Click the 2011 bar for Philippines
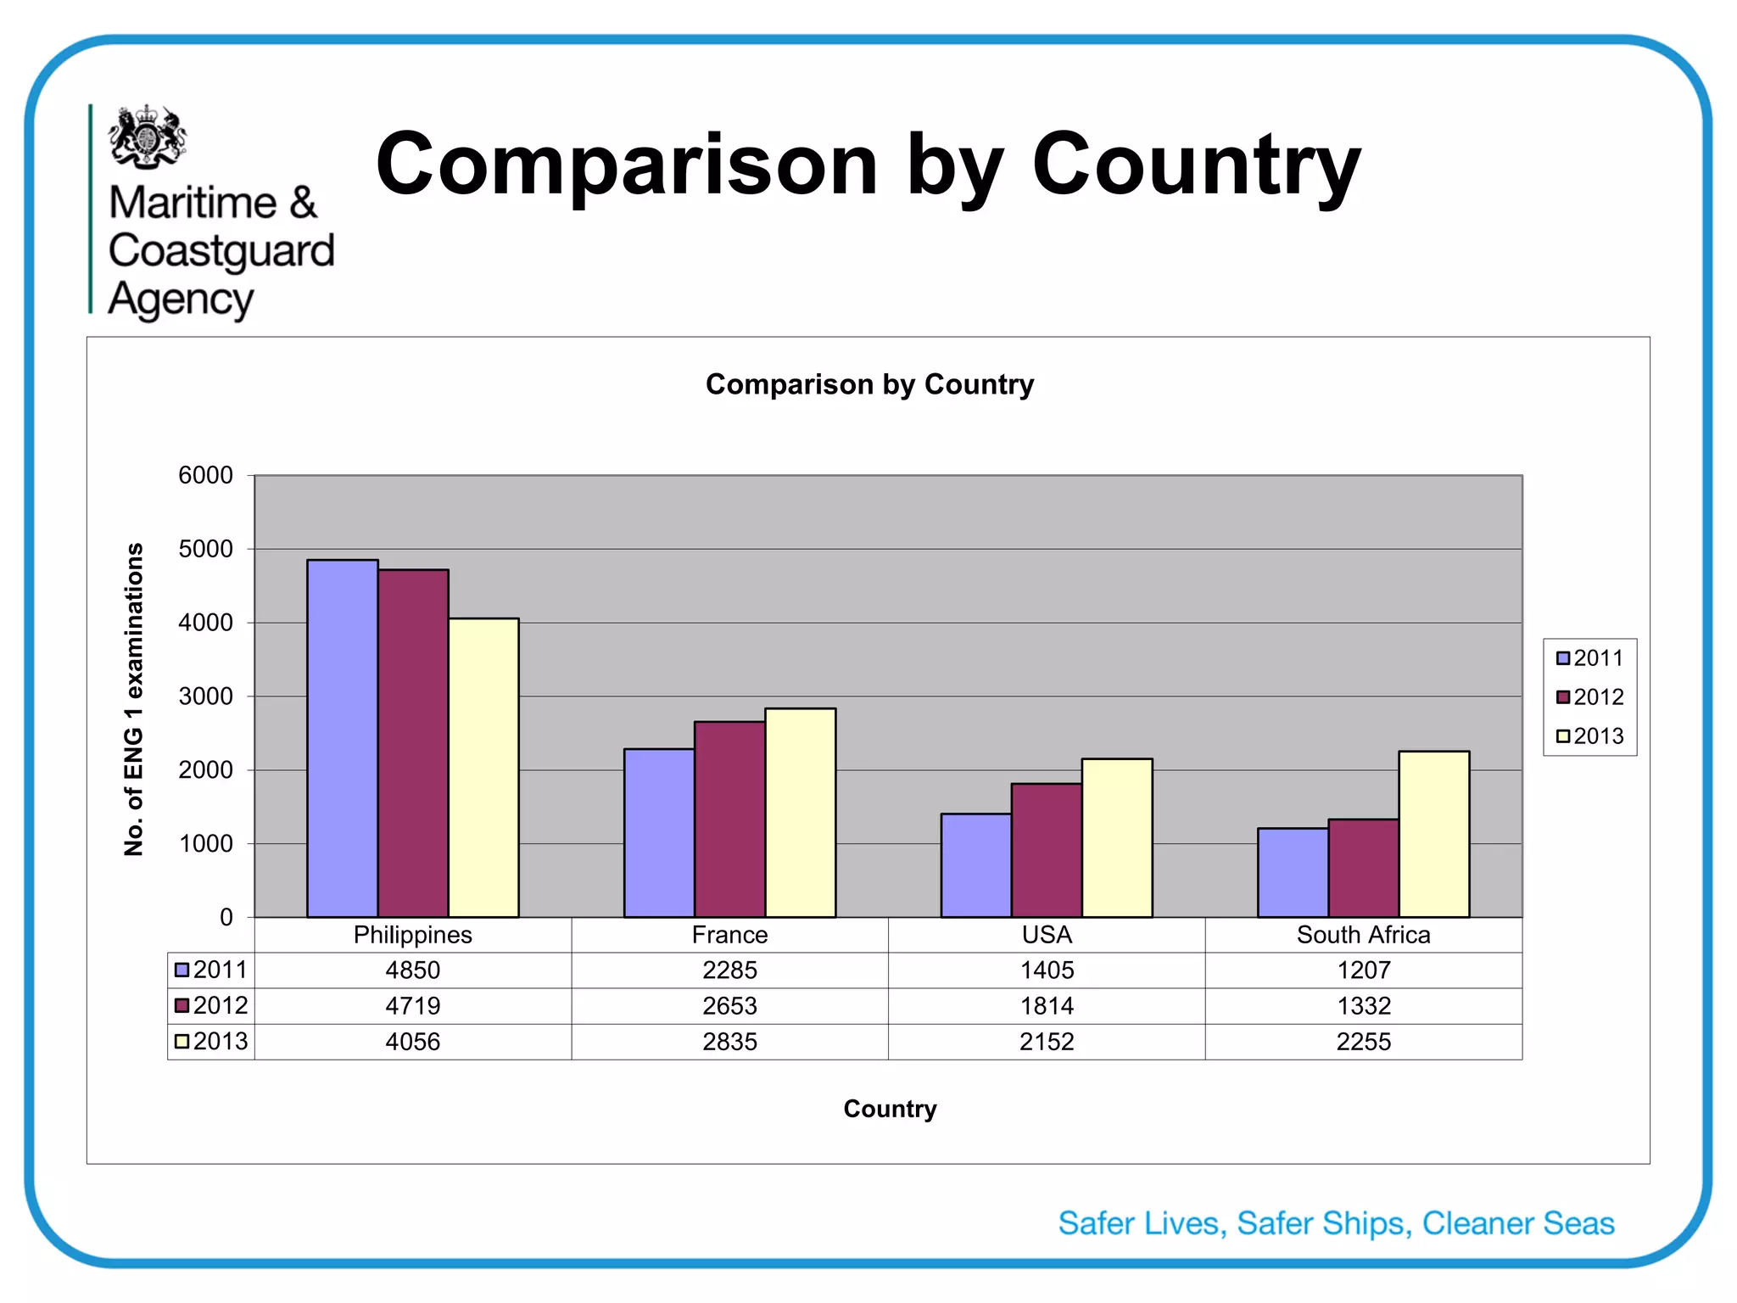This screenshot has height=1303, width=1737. (342, 738)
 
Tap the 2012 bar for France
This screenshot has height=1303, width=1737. (729, 819)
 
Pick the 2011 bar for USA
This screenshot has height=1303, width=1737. (975, 865)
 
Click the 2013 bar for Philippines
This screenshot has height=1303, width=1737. (483, 768)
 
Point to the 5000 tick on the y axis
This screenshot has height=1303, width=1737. (205, 549)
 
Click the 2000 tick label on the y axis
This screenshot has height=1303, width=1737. (205, 770)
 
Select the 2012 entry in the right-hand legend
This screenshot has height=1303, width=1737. (1589, 697)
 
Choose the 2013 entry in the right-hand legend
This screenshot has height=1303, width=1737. (1589, 736)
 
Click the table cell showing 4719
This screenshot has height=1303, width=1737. (413, 1006)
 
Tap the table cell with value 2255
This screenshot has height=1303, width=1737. (1364, 1042)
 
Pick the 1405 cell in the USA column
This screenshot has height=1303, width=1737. (1047, 970)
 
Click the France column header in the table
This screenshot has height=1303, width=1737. (729, 935)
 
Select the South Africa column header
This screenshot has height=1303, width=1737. (1364, 935)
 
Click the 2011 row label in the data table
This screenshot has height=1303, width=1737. (212, 970)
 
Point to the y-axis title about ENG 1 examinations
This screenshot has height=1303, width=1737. (134, 700)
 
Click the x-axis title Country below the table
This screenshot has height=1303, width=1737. (890, 1109)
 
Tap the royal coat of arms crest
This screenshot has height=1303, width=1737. (147, 136)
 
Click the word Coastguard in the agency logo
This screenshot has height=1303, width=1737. (221, 251)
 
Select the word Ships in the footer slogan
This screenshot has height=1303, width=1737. (1366, 1223)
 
